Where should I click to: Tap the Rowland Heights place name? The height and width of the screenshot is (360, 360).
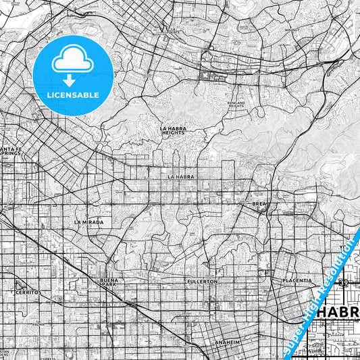click(236, 104)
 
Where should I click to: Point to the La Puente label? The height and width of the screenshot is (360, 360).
click(174, 30)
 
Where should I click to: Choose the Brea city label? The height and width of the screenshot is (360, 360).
click(259, 203)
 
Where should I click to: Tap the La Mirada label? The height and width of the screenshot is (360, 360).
click(88, 222)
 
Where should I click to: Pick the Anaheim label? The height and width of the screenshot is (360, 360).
click(228, 342)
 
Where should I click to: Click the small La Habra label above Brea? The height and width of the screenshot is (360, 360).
click(181, 177)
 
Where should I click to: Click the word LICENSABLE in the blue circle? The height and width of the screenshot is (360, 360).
click(72, 95)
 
